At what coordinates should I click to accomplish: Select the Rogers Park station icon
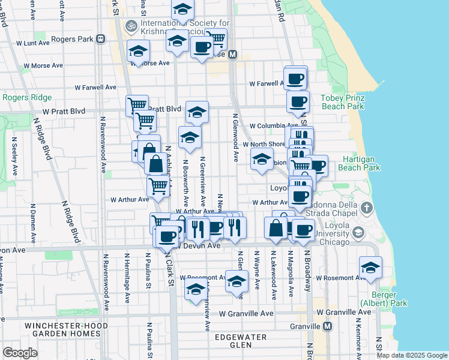(x=100, y=39)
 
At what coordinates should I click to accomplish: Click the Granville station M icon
(x=327, y=326)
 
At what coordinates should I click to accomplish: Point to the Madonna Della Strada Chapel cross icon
(x=367, y=208)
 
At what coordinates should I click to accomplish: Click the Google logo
(x=20, y=353)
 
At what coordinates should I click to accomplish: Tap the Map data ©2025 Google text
(x=412, y=355)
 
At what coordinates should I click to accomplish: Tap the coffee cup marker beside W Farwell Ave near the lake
(x=295, y=78)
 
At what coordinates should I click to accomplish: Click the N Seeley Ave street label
(x=14, y=153)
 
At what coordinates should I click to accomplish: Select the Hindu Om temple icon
(x=130, y=26)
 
